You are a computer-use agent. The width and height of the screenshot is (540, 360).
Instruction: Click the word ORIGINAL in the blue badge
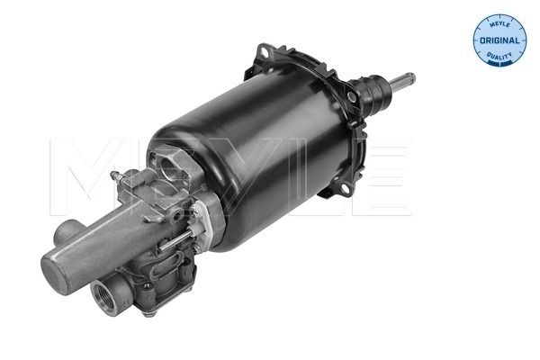tap(499, 40)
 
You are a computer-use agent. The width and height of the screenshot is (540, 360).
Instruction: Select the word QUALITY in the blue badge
tap(499, 55)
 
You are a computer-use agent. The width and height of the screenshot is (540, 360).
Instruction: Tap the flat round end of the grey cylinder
tap(56, 274)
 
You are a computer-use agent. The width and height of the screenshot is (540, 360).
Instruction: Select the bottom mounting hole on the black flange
tap(344, 188)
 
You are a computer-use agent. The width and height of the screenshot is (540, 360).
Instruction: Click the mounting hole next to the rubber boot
tap(351, 96)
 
